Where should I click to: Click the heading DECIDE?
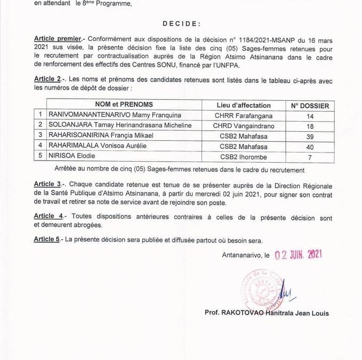point(181,23)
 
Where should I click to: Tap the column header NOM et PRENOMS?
point(124,105)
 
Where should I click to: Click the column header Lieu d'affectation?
point(244,105)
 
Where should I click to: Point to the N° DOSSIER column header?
point(310,106)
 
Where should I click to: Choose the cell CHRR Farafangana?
point(244,115)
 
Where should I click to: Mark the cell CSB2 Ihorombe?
point(244,157)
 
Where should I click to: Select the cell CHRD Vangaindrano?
point(244,125)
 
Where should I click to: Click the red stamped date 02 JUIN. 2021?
point(298,255)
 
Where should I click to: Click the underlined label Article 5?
point(46,239)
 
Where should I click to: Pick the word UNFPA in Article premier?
point(229,66)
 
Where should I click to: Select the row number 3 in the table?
point(40,135)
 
